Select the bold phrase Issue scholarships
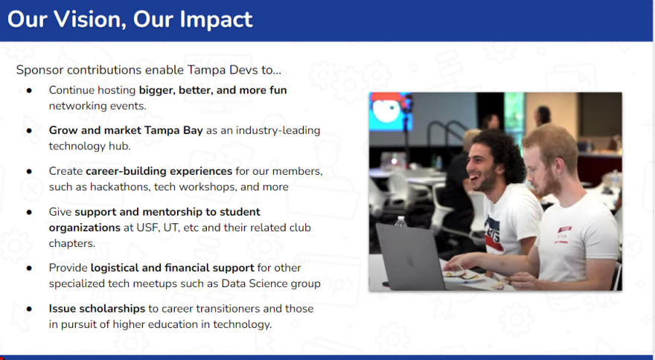97,309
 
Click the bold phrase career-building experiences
159,171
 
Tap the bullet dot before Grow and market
29,131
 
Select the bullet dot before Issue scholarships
29,309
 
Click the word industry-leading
278,130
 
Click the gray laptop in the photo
409,257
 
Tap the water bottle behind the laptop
400,222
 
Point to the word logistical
115,268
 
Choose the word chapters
72,243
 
